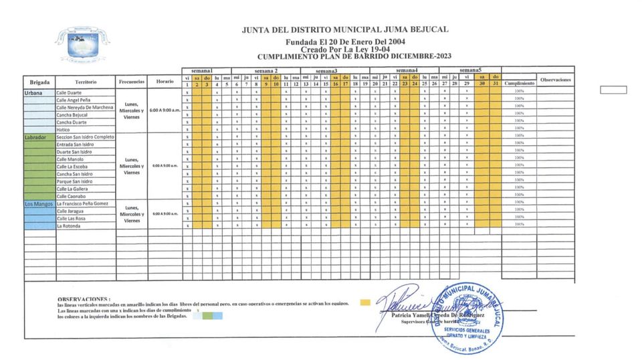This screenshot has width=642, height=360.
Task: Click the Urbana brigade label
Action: [x=33, y=92]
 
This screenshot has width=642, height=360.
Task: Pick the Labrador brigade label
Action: [x=35, y=137]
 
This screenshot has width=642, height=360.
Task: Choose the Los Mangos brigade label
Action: [x=38, y=203]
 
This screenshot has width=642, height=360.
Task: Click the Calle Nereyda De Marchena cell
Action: [x=85, y=107]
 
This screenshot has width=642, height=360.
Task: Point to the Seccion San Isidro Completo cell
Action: [x=86, y=137]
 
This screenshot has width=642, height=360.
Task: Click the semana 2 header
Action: [x=265, y=70]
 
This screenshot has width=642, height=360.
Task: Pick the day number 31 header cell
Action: [x=495, y=84]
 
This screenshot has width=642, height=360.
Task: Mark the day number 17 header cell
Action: [x=345, y=84]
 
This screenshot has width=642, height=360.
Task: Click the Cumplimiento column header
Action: [x=519, y=84]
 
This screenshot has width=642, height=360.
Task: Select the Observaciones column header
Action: [x=556, y=80]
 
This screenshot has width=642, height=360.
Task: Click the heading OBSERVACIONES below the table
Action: [x=84, y=299]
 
